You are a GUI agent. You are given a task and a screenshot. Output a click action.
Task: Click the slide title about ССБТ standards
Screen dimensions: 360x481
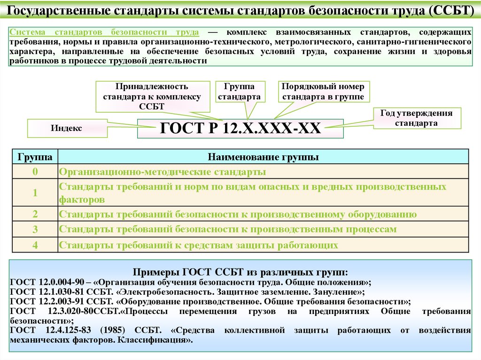coord(240,10)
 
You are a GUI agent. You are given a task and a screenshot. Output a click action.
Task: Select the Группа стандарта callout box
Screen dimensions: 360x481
coord(240,92)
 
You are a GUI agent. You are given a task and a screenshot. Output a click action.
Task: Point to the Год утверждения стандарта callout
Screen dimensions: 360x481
coord(417,118)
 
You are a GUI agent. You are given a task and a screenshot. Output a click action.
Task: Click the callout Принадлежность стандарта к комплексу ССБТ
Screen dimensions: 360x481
coord(152,96)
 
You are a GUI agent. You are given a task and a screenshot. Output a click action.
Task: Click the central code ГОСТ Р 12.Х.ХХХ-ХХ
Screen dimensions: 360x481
coord(240,128)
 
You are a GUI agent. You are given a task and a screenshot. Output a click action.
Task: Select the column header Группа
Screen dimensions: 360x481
coord(35,157)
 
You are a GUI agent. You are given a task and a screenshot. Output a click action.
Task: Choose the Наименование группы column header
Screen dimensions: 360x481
coord(263,157)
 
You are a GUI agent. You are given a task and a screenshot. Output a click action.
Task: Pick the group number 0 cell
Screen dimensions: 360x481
coord(35,172)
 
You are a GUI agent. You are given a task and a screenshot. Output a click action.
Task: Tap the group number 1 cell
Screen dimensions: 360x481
coord(35,193)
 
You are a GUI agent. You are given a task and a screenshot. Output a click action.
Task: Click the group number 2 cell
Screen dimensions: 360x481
coord(35,214)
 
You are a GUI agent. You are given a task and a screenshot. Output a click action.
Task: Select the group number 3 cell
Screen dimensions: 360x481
coord(35,230)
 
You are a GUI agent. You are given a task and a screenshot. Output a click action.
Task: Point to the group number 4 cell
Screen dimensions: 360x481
coord(35,245)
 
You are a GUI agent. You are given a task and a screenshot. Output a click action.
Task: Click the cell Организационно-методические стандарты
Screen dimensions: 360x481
coord(163,172)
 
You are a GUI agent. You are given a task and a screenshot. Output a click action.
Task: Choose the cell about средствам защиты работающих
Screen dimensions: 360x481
coord(199,245)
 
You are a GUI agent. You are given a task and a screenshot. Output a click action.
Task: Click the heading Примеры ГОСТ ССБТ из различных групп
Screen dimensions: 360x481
coord(240,272)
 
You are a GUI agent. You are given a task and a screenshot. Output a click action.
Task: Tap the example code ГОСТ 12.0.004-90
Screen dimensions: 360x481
coord(47,282)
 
